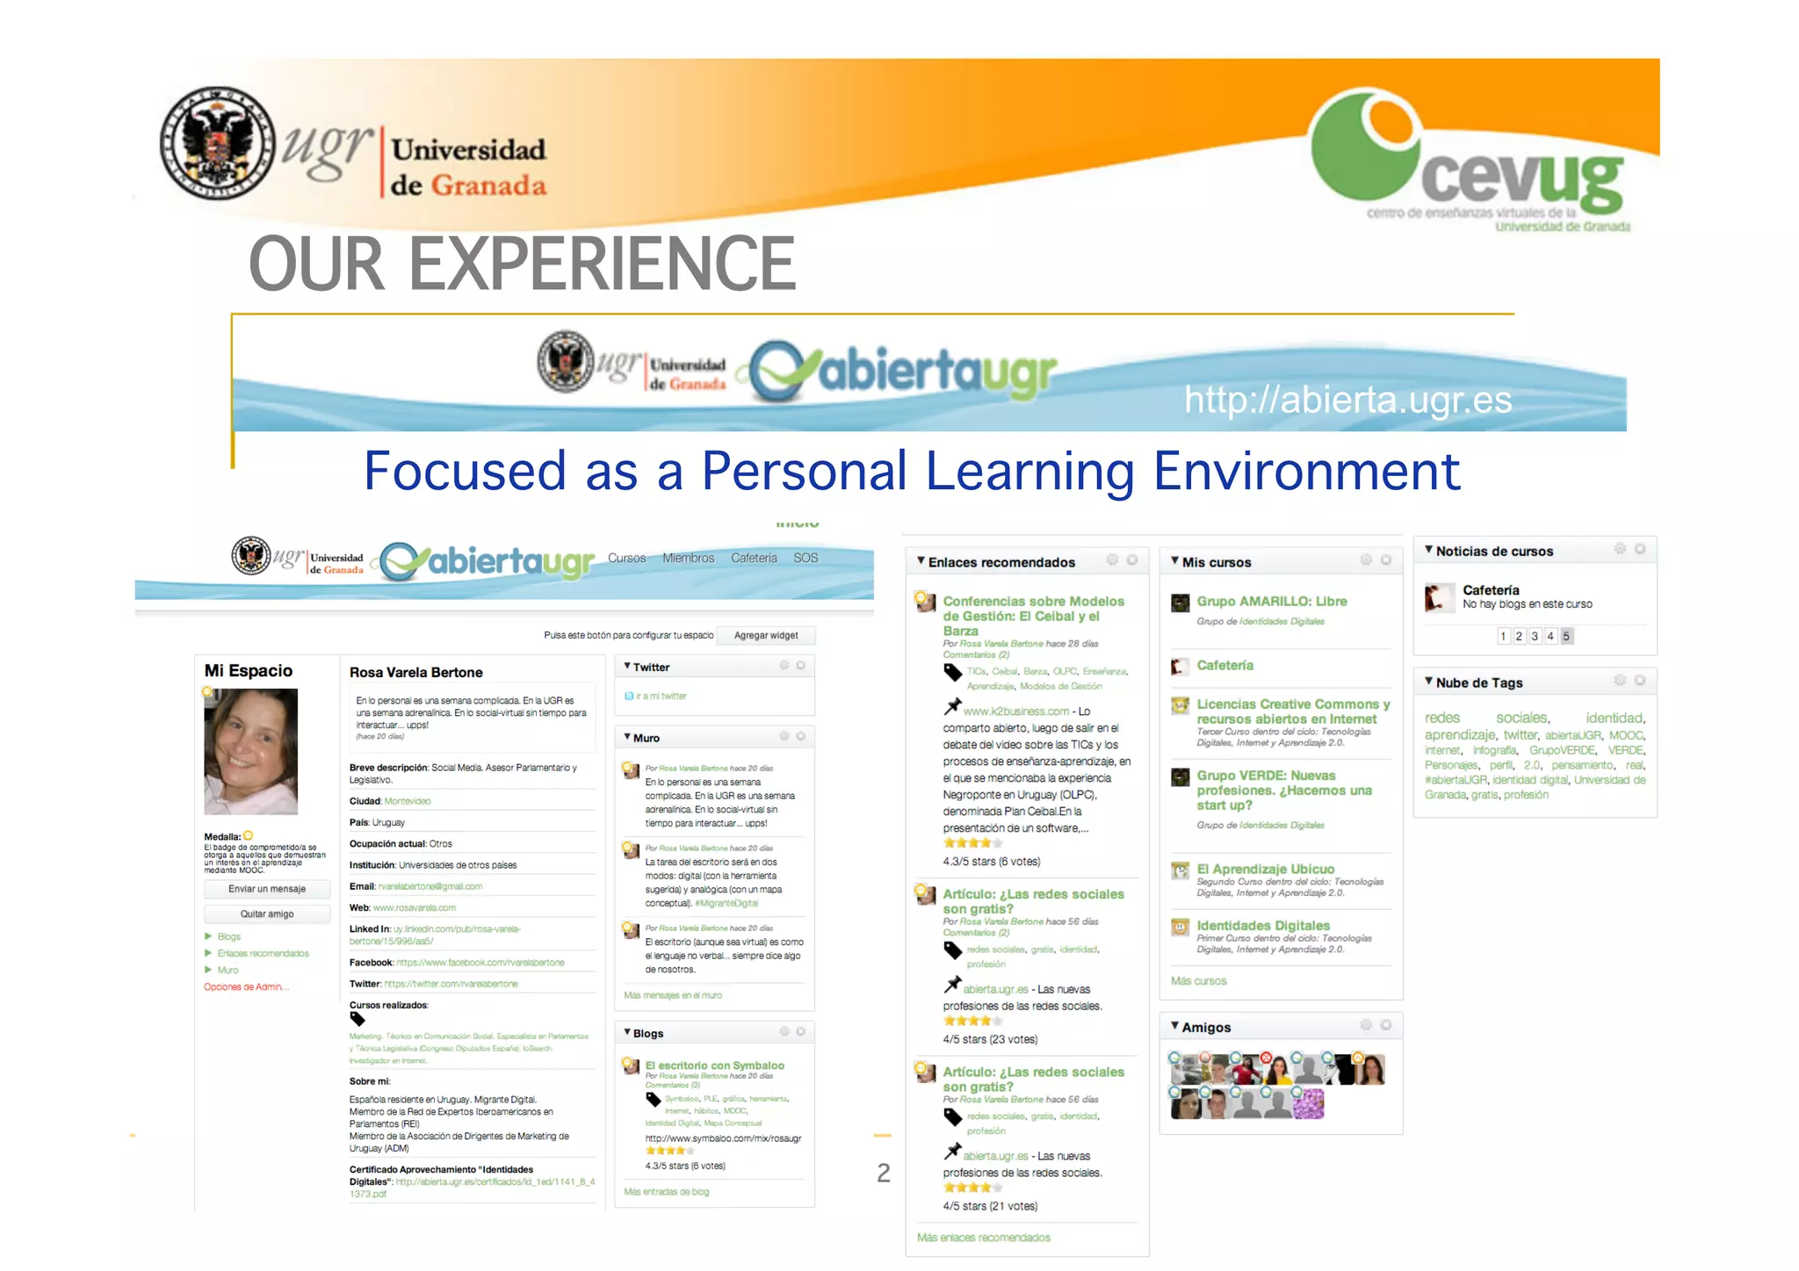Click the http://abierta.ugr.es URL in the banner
1347,401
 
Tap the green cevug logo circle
1364,146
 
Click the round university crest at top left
217,142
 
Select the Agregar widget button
766,635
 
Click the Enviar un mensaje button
267,889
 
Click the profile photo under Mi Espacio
251,751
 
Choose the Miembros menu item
688,558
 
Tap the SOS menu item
806,558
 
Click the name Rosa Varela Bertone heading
416,673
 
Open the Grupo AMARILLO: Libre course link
1271,602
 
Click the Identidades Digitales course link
1263,926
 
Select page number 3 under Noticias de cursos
1535,636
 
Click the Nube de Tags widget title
1479,682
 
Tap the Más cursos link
1198,981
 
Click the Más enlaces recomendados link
983,1238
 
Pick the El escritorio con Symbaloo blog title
714,1065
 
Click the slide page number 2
884,1173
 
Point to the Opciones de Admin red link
246,987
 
